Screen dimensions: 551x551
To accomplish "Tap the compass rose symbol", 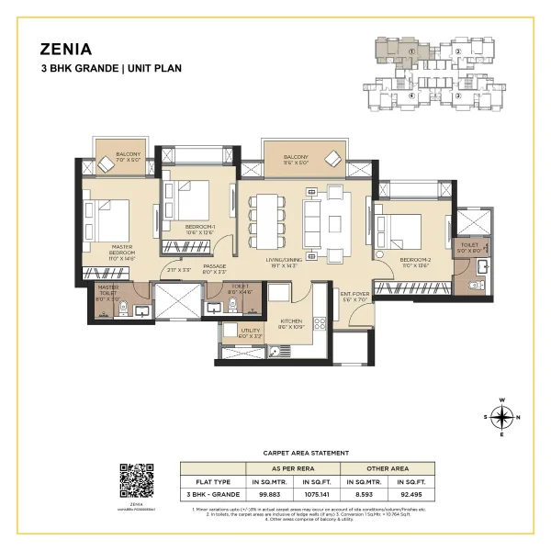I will (501, 418).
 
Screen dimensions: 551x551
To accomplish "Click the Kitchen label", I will (292, 323).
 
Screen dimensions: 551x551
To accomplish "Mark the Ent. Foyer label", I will (354, 296).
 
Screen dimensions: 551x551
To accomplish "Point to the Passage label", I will (214, 266).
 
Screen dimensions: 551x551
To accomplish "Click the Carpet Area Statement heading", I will (306, 453).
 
